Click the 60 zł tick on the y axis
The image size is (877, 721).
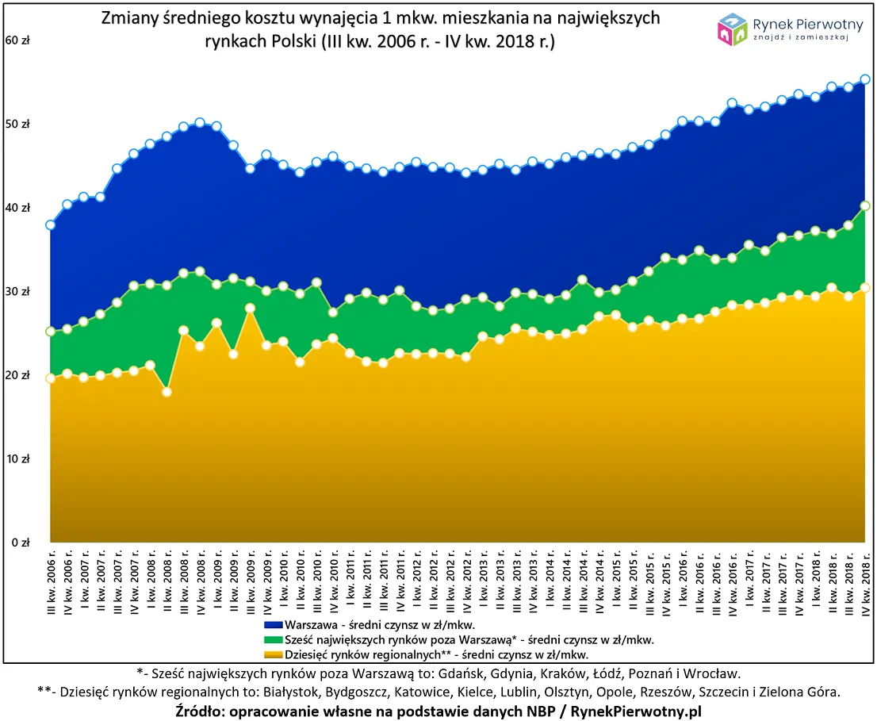click(x=17, y=40)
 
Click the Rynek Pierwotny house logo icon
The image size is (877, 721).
click(x=733, y=30)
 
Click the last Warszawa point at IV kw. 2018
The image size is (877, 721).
click(x=865, y=79)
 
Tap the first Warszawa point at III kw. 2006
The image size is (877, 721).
click(x=51, y=225)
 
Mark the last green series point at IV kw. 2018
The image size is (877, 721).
click(x=865, y=206)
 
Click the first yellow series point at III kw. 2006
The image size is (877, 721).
click(x=51, y=378)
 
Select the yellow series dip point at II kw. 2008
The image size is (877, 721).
click(x=167, y=392)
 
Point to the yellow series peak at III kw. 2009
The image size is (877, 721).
click(x=250, y=308)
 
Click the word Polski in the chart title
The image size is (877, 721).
click(x=280, y=41)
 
